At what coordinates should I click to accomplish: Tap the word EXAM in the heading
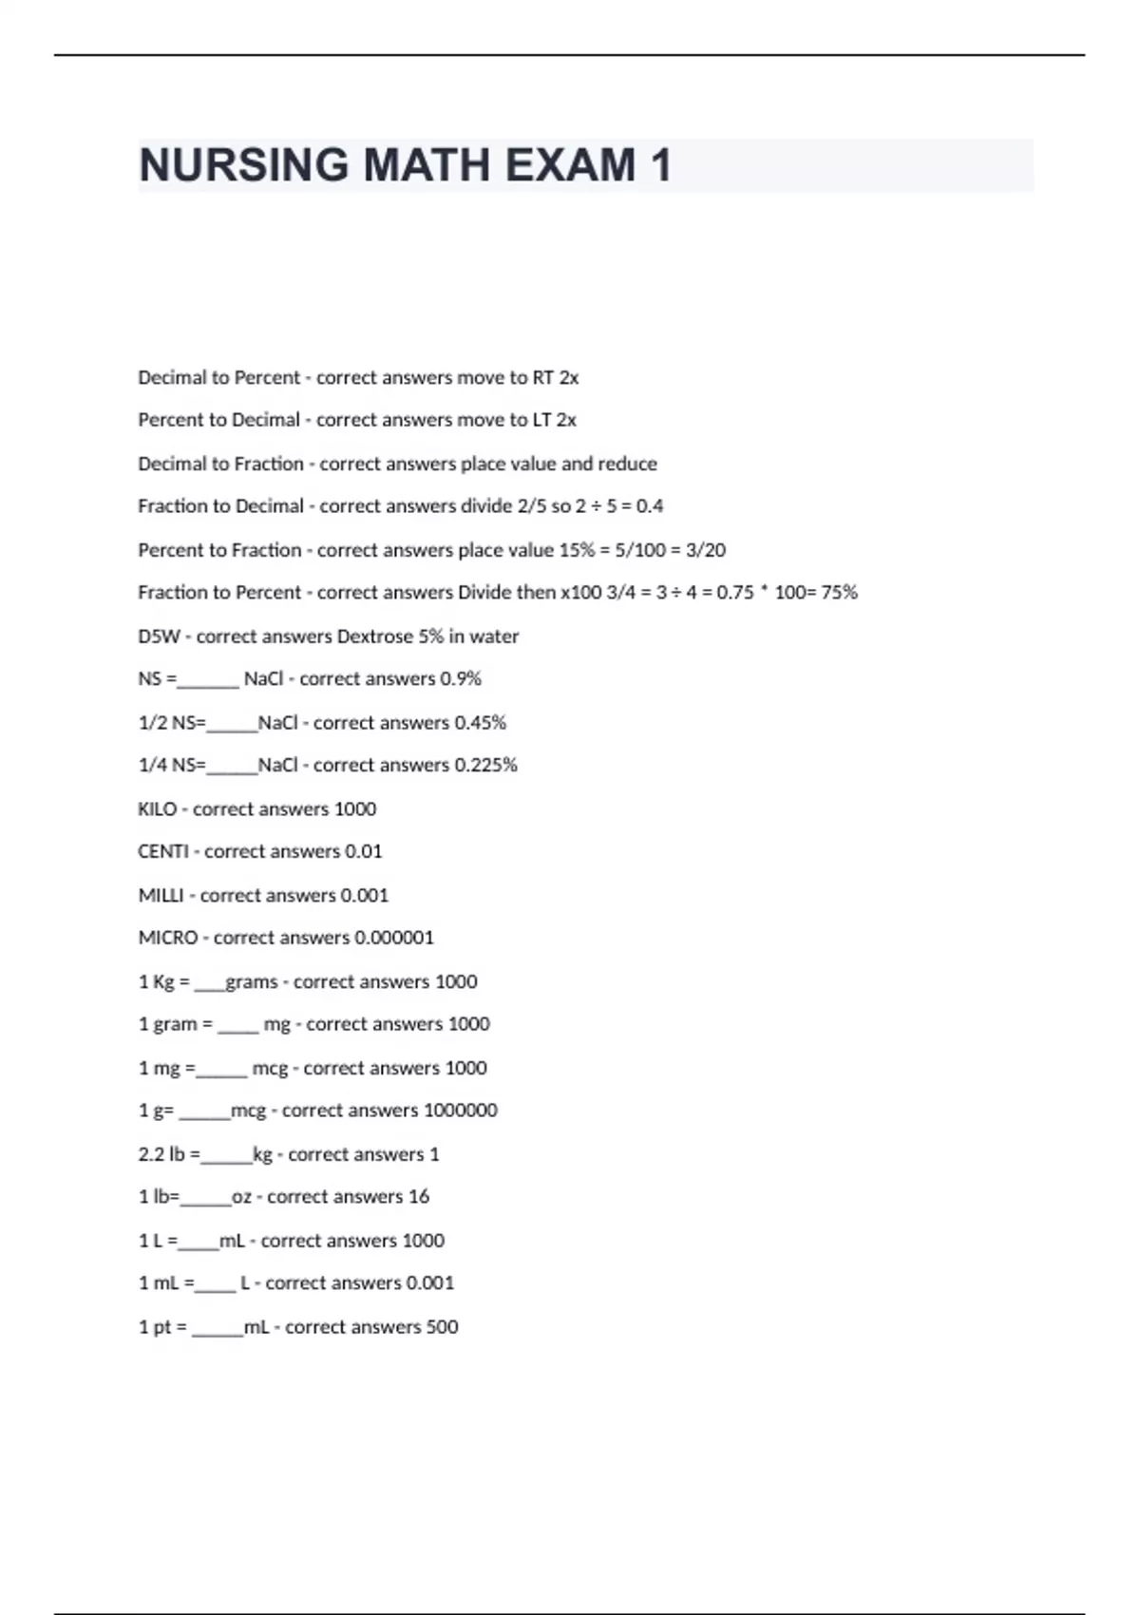point(571,165)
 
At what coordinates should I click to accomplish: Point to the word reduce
point(627,464)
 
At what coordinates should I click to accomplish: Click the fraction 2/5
point(532,506)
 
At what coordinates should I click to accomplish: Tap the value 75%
point(839,593)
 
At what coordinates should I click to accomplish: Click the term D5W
point(159,636)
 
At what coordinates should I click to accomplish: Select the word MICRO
point(168,939)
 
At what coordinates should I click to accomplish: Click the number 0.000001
point(394,939)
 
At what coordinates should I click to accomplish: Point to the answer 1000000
point(460,1111)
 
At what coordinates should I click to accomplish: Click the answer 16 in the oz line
point(418,1197)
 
